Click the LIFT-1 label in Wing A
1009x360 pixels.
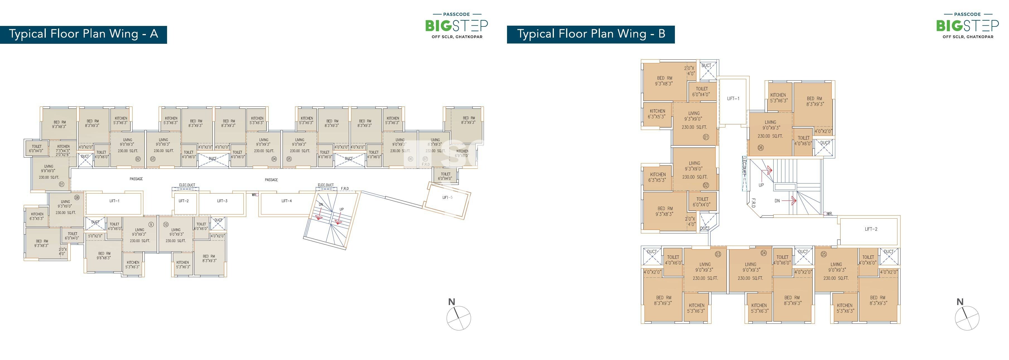pyautogui.click(x=114, y=201)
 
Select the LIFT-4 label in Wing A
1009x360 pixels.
pyautogui.click(x=286, y=201)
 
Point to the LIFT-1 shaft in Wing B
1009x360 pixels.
pyautogui.click(x=733, y=99)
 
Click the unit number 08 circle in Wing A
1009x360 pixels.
pyautogui.click(x=77, y=197)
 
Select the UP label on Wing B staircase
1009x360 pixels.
pyautogui.click(x=761, y=185)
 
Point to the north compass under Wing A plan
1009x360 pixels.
pyautogui.click(x=458, y=318)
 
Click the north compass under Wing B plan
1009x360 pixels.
pyautogui.click(x=967, y=318)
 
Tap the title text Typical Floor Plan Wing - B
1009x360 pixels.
pyautogui.click(x=591, y=34)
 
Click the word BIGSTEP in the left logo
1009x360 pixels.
pyautogui.click(x=456, y=26)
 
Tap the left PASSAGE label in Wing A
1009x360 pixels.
pyautogui.click(x=136, y=179)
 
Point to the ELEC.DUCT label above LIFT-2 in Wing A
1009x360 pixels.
pyautogui.click(x=187, y=185)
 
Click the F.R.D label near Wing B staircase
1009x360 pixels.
pyautogui.click(x=753, y=202)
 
